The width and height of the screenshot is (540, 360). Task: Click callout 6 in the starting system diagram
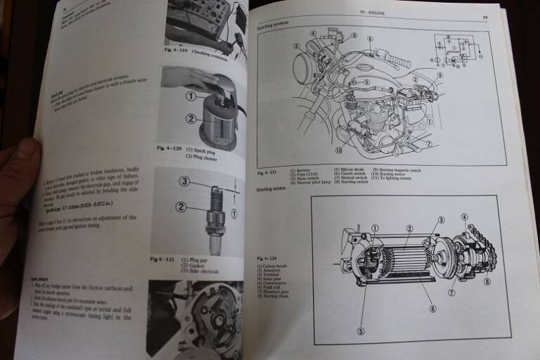pyautogui.click(x=370, y=39)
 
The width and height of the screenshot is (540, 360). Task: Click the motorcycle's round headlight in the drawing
pyautogui.click(x=306, y=69)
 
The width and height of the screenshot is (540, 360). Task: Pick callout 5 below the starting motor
pyautogui.click(x=361, y=331)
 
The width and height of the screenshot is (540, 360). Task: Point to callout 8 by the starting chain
pyautogui.click(x=487, y=281)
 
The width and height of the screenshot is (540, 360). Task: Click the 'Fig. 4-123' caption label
pyautogui.click(x=268, y=172)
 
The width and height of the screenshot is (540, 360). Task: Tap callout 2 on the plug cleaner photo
pyautogui.click(x=190, y=118)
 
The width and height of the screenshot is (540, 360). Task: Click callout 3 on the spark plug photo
pyautogui.click(x=184, y=181)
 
